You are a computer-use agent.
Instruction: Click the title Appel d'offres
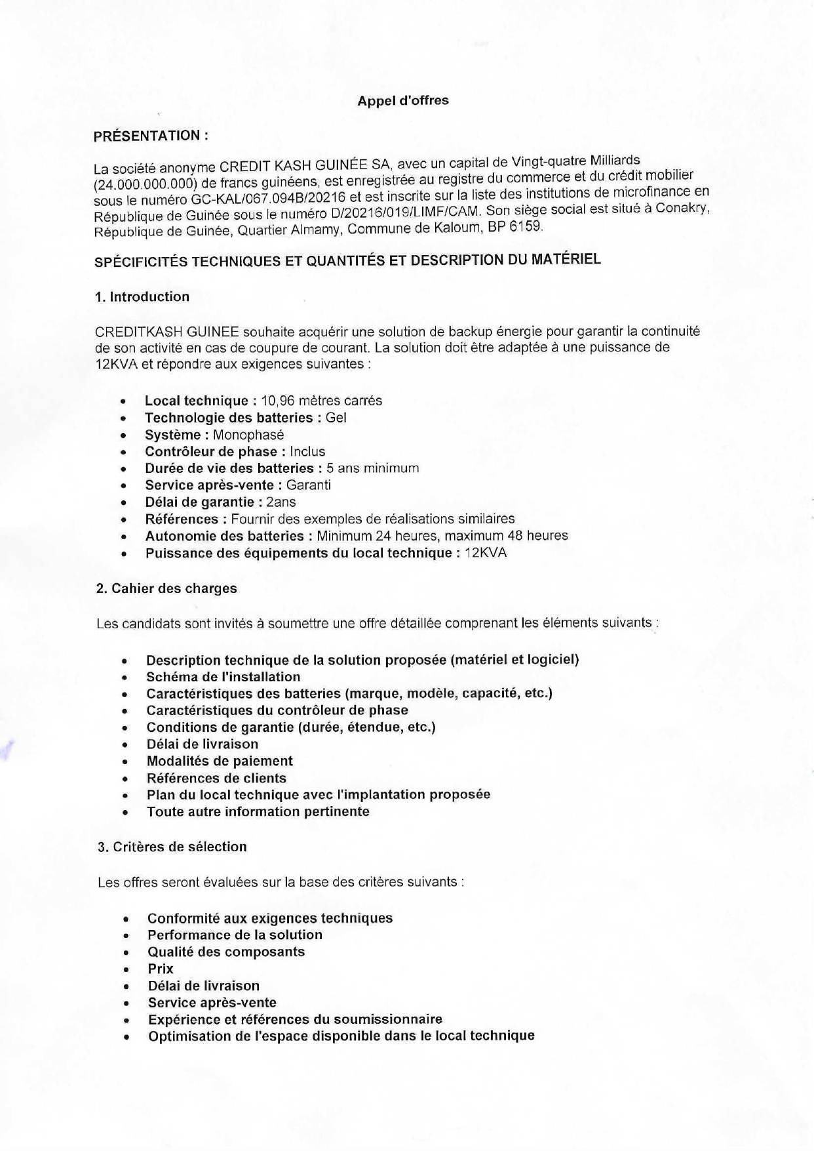coord(402,101)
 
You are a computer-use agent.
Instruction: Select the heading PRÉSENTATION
coord(151,136)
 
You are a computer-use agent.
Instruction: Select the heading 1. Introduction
coord(142,296)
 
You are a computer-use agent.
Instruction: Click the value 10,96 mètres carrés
coord(321,401)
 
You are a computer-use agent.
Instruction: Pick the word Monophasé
coord(248,435)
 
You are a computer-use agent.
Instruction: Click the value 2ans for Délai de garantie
coord(281,502)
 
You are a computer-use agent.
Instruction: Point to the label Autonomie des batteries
coord(224,536)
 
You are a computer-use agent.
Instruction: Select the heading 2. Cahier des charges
coord(166,588)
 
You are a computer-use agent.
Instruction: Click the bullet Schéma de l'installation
coord(223,677)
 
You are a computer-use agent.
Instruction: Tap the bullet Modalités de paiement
coord(220,761)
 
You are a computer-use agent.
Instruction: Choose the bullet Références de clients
coord(216,778)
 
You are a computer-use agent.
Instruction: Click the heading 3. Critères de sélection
coord(172,847)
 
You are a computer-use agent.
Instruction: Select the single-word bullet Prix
coord(161,969)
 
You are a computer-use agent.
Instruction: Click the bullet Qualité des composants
coord(226,952)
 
